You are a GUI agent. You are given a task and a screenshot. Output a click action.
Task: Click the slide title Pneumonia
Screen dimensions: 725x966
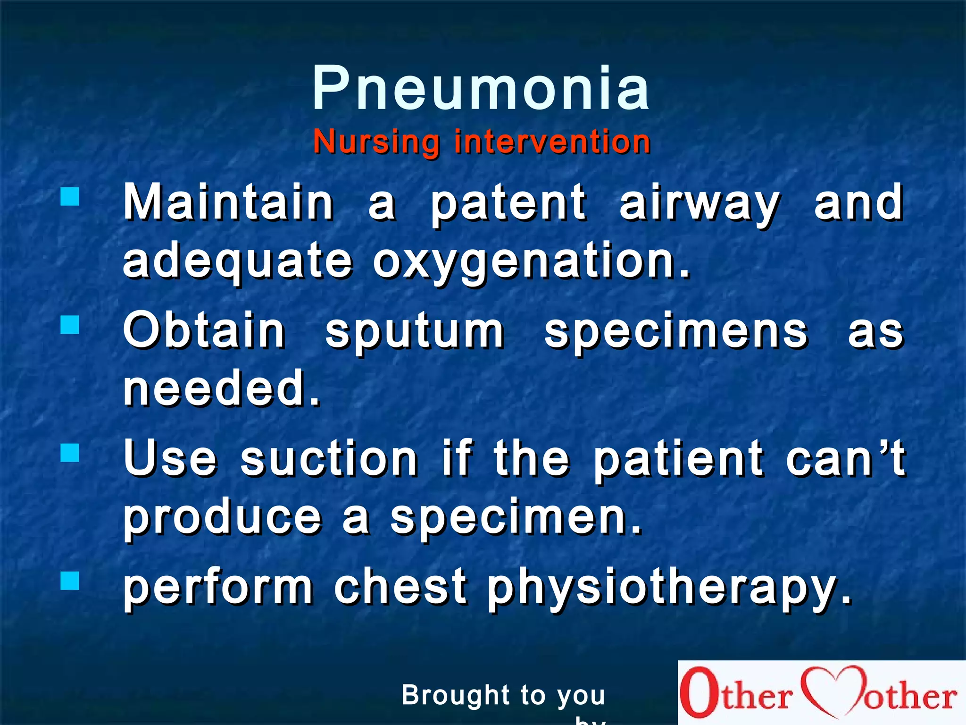[x=481, y=88]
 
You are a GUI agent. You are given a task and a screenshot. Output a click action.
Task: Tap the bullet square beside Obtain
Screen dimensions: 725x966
[x=70, y=325]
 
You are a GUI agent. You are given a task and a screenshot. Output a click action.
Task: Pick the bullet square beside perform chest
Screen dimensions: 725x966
[x=70, y=581]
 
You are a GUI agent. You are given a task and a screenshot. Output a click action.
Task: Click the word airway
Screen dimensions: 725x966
[x=700, y=204]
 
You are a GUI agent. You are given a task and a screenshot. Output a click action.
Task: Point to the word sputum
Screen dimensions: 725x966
[x=415, y=333]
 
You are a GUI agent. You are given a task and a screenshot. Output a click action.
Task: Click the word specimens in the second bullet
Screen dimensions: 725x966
[x=676, y=333]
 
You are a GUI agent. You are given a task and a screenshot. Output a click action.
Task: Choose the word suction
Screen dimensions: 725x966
[x=329, y=459]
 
